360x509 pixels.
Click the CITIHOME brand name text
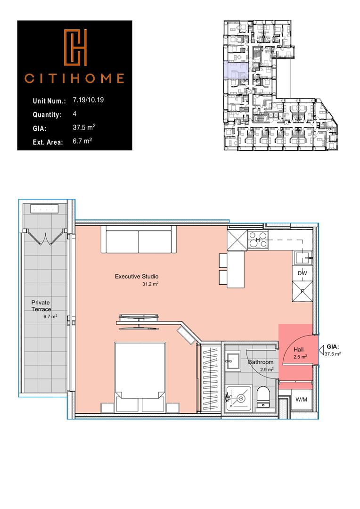(x=74, y=78)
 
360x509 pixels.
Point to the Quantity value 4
(x=75, y=114)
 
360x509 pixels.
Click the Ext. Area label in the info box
(x=48, y=141)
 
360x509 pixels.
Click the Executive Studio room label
(x=137, y=276)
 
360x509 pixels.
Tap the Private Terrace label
(x=41, y=305)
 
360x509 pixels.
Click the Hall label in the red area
(x=298, y=350)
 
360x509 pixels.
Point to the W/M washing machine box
(x=301, y=400)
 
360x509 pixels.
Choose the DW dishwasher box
(x=302, y=273)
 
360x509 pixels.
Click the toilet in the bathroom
(x=262, y=398)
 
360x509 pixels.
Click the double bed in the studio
(x=140, y=372)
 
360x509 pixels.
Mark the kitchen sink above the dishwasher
(x=301, y=258)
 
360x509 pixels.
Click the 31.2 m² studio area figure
(x=149, y=285)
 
